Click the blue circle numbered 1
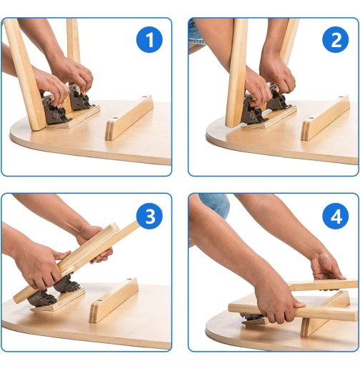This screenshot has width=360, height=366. tap(149, 39)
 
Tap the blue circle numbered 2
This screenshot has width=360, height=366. tap(336, 39)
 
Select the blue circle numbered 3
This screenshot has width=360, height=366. tap(149, 217)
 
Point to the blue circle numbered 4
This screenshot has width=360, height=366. tap(336, 217)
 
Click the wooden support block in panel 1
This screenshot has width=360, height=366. tap(129, 118)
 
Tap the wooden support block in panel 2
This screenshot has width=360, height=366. tap(325, 118)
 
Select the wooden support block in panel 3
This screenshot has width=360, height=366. tap(114, 300)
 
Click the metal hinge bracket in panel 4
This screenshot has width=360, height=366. tap(252, 317)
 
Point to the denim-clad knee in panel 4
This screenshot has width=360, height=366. tap(216, 204)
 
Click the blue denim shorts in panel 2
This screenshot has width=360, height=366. tap(196, 34)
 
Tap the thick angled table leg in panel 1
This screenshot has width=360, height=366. tap(25, 74)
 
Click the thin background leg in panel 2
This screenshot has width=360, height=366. tap(289, 41)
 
